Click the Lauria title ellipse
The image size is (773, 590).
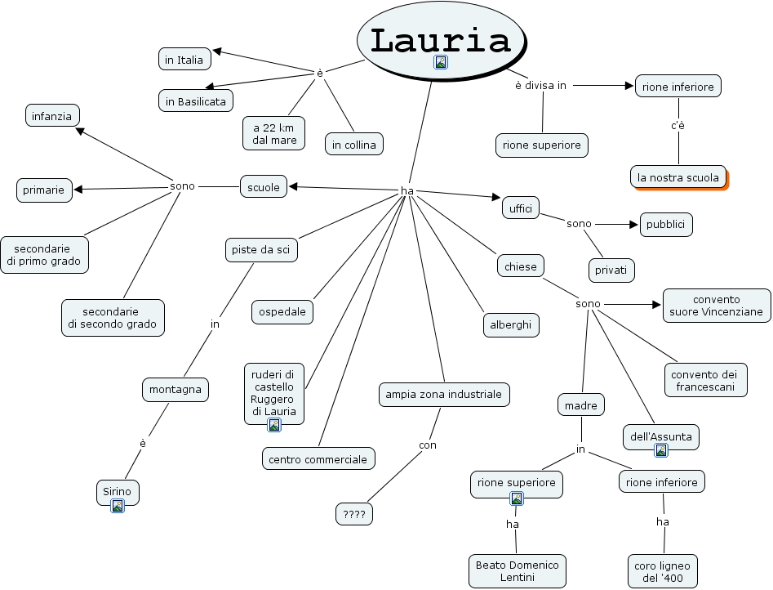click(x=440, y=38)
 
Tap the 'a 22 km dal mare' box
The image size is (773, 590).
click(x=273, y=133)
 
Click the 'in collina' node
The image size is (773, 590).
click(x=353, y=145)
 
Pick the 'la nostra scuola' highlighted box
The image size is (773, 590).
click(x=678, y=177)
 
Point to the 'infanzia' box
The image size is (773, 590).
click(x=52, y=116)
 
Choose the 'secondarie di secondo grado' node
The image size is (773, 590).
click(x=113, y=318)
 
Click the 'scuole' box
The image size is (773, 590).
click(x=264, y=187)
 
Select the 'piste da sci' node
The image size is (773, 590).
click(x=261, y=249)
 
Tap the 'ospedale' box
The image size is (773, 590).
click(x=282, y=311)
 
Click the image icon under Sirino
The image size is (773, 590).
click(x=118, y=506)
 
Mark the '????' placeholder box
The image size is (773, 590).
click(x=354, y=514)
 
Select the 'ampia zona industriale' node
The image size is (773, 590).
click(x=444, y=395)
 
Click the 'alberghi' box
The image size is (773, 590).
click(x=510, y=324)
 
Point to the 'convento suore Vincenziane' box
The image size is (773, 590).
click(x=717, y=305)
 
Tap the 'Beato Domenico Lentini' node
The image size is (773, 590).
click(x=518, y=571)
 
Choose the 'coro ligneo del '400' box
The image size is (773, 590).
click(x=662, y=571)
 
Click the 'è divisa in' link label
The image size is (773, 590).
click(x=540, y=85)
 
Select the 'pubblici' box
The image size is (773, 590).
click(x=666, y=225)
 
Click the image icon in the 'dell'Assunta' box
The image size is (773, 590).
click(x=661, y=450)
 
